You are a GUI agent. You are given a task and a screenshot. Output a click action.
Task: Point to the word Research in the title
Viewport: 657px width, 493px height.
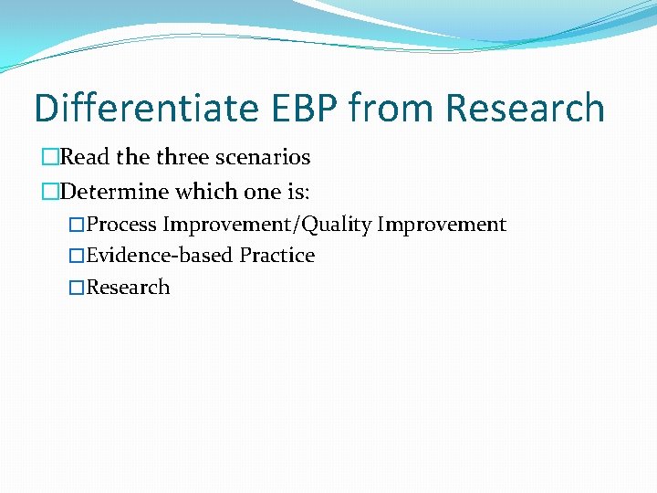526,108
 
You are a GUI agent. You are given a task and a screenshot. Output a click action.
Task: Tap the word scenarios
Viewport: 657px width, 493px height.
266,157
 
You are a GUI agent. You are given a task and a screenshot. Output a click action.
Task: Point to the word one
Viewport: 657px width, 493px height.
259,192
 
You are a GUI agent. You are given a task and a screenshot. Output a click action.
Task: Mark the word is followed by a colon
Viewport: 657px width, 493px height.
297,192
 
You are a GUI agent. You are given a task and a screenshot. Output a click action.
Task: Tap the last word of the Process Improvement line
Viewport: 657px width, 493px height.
442,225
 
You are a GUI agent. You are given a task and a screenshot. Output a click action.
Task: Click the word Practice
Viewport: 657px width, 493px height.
277,256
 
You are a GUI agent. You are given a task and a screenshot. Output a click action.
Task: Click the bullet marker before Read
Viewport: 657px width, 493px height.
50,158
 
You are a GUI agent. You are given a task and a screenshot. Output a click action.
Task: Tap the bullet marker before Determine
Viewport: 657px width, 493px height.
50,193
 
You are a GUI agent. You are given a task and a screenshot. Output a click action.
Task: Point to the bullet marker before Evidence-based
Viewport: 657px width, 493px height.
78,257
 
